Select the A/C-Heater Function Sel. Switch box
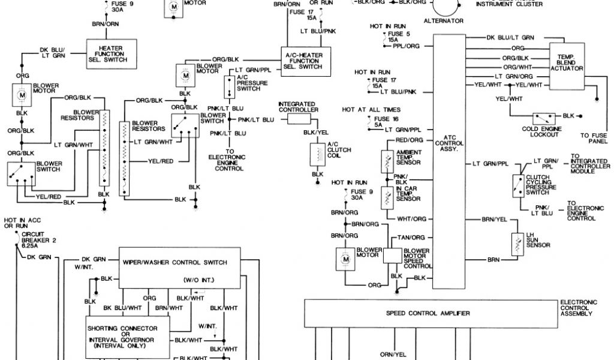[302, 60]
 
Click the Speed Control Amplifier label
[427, 313]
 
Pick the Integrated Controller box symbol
[297, 119]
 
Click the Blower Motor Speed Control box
[392, 254]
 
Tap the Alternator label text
[444, 21]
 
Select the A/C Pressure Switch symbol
[228, 87]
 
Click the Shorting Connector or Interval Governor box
[122, 337]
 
